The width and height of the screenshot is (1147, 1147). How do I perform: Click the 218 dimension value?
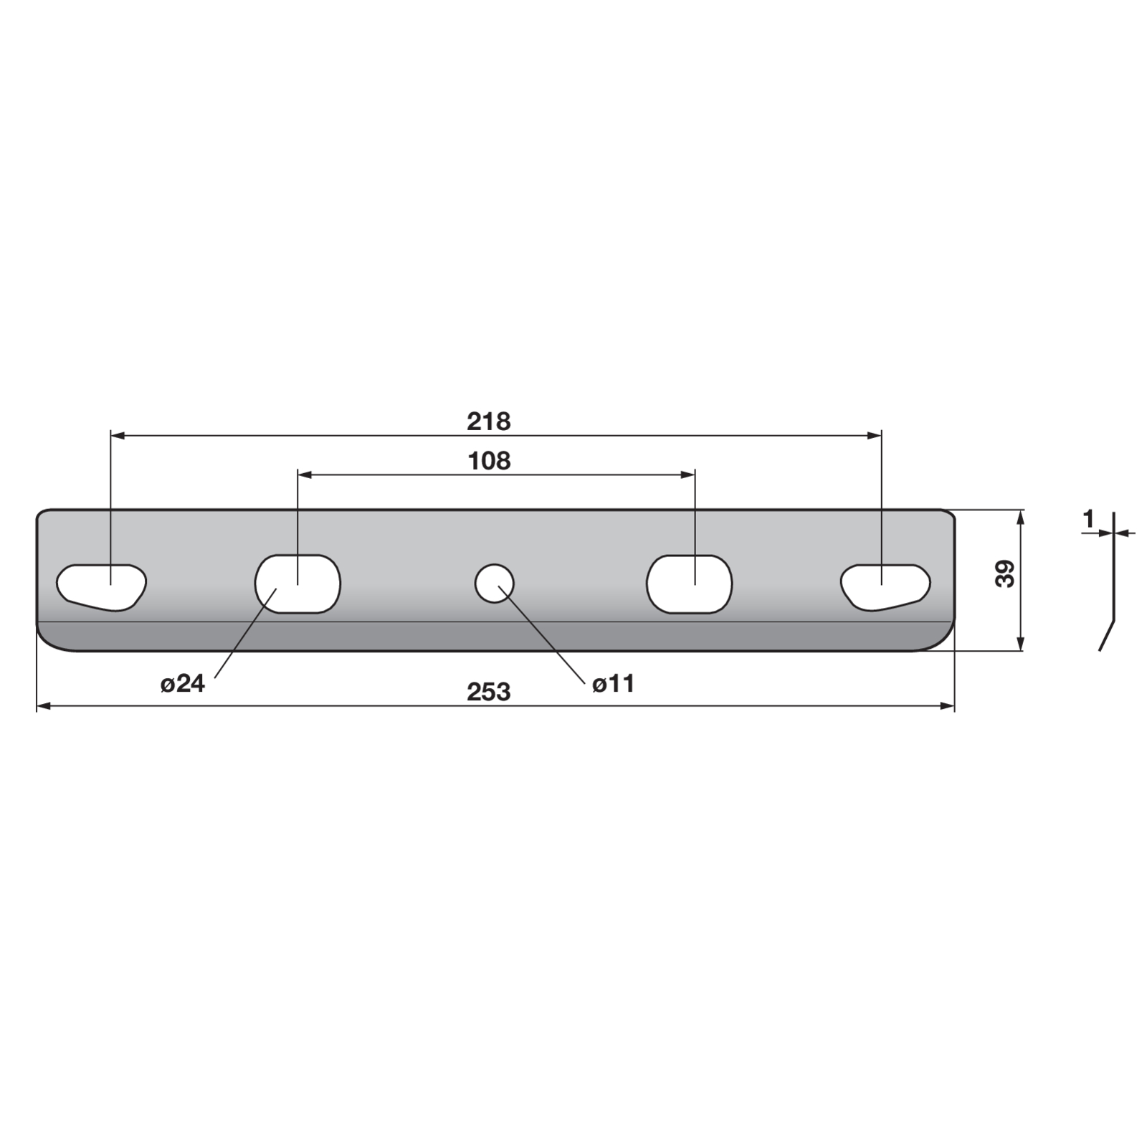point(489,422)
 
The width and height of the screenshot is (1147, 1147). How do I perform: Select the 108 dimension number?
point(489,460)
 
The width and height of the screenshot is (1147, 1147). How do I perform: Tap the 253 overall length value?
point(489,692)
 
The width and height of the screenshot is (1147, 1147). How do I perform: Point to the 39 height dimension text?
point(1006,573)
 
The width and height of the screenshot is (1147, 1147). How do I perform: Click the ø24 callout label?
point(183,684)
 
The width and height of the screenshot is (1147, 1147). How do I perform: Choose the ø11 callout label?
point(614,684)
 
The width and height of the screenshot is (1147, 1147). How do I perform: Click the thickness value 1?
point(1089,518)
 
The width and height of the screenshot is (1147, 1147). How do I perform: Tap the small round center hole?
point(495,583)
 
